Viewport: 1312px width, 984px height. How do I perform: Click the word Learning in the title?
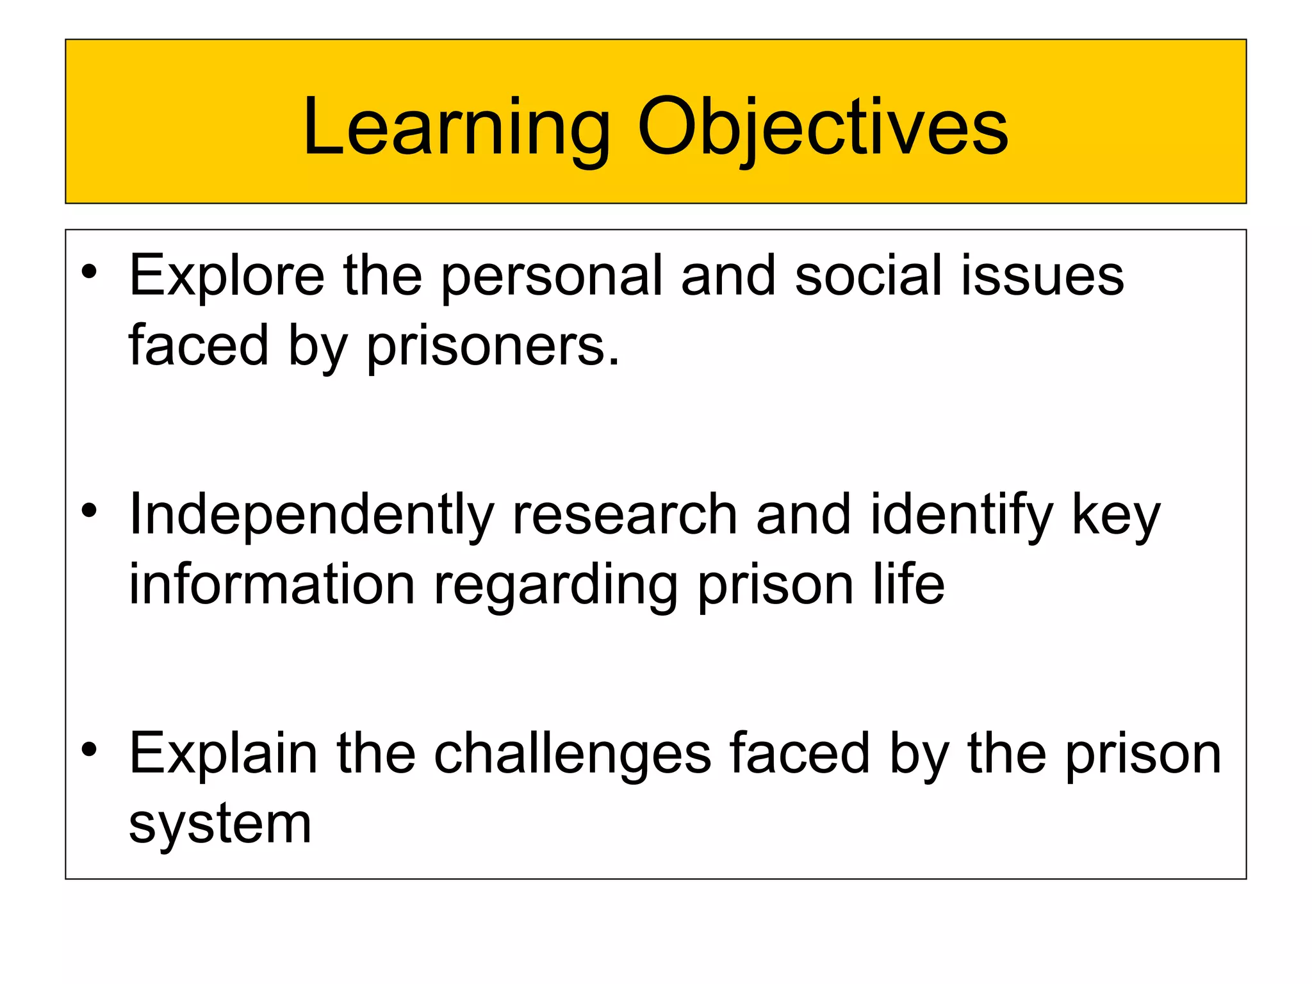[456, 128]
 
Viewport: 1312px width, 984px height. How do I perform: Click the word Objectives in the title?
[823, 128]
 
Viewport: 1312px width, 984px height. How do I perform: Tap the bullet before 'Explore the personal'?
[89, 272]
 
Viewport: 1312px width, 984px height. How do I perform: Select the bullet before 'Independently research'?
[89, 511]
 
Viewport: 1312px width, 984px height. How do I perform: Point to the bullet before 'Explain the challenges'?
[89, 749]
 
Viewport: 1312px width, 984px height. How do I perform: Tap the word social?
[868, 275]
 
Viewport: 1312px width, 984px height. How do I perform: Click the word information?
[272, 586]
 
